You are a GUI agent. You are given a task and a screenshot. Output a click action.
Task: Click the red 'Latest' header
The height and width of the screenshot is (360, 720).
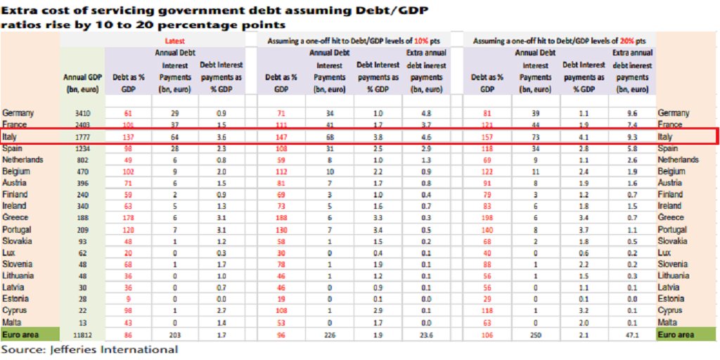[175, 41]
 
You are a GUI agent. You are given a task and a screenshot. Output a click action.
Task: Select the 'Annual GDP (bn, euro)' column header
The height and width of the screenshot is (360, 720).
[82, 83]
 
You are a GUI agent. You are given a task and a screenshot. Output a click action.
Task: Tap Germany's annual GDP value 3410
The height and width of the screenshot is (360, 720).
[83, 113]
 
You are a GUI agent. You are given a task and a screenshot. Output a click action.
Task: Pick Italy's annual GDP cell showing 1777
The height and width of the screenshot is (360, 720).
[83, 137]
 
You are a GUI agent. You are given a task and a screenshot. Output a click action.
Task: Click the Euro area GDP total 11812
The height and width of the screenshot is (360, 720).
[83, 335]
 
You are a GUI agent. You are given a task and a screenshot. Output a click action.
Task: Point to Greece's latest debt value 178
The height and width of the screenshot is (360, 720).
[128, 218]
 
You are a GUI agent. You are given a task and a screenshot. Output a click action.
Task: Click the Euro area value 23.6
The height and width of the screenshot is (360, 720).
[426, 335]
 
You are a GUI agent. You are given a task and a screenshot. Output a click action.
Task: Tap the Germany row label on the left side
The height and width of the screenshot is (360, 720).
[20, 113]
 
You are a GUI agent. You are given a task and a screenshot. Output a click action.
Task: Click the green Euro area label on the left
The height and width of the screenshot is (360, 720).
[21, 335]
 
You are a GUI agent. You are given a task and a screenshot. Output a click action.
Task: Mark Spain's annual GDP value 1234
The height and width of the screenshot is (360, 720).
[83, 148]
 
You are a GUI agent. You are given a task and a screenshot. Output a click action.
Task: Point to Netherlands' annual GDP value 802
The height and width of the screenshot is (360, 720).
[83, 160]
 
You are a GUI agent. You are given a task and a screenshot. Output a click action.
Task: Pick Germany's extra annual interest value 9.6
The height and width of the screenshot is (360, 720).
[631, 113]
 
